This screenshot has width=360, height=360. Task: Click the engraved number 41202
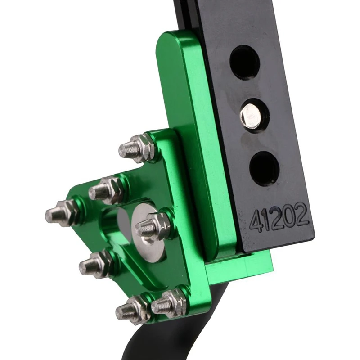click(279, 218)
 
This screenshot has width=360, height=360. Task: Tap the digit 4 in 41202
click(257, 221)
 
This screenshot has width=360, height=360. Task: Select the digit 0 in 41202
click(290, 217)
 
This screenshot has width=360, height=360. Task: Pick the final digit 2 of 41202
click(302, 216)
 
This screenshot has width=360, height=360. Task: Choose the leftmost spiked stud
click(61, 212)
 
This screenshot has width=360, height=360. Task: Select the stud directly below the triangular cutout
click(94, 264)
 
